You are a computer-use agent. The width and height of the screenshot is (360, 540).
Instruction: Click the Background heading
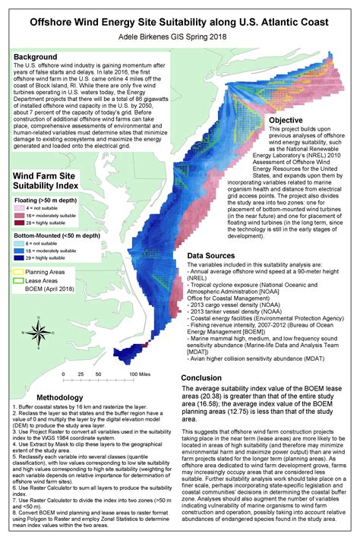click(x=43, y=57)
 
